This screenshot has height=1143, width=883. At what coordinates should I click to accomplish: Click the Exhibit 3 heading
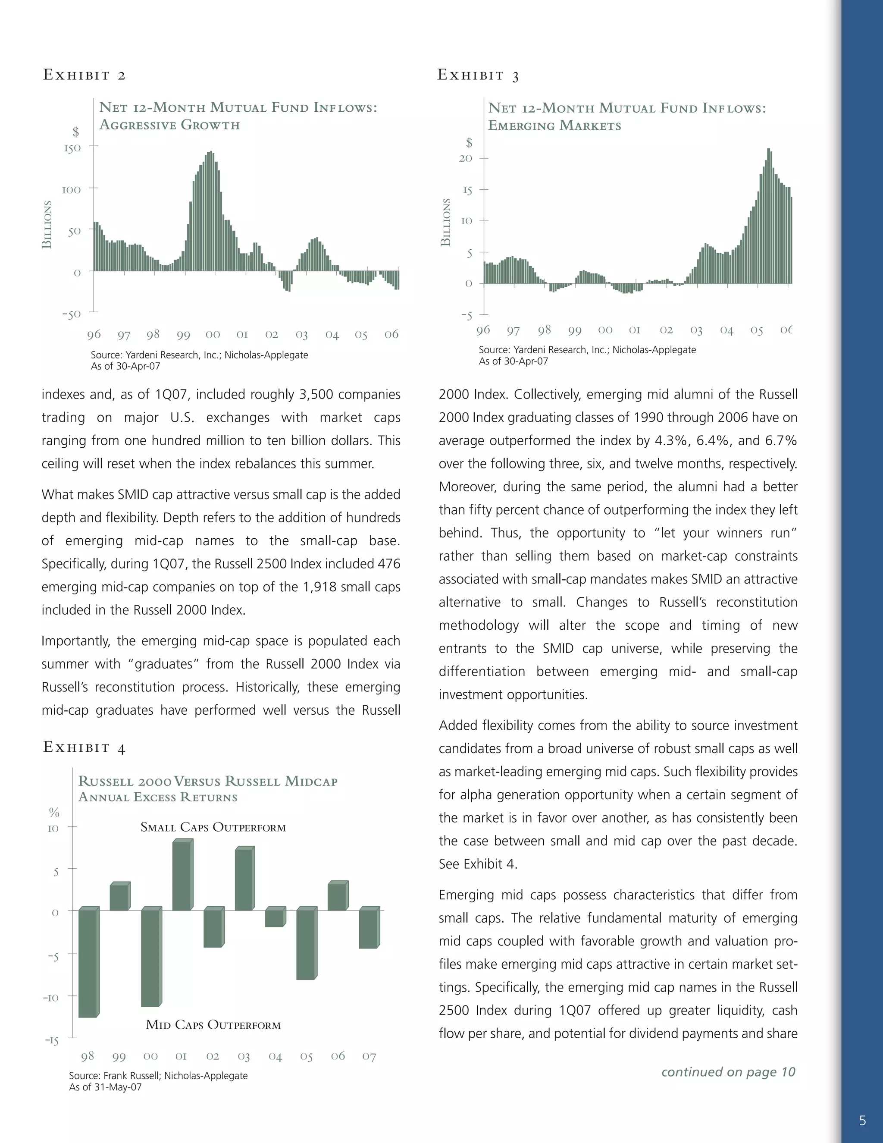tap(478, 75)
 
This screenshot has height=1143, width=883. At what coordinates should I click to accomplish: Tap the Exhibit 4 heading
tap(84, 747)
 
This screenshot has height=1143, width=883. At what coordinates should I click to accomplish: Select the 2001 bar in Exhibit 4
tap(182, 876)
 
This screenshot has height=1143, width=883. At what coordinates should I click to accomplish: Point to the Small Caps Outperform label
tap(213, 827)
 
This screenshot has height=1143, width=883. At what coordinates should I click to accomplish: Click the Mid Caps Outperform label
tap(213, 1025)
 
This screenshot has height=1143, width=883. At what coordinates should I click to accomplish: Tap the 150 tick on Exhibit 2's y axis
tap(72, 148)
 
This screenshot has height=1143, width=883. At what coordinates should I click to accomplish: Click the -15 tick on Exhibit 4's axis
tap(52, 1040)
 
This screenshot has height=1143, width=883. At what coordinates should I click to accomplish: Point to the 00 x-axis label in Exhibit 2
tap(213, 334)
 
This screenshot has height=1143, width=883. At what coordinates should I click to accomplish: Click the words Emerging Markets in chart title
tap(554, 126)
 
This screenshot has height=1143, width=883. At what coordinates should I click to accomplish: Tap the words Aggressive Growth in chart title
tap(169, 125)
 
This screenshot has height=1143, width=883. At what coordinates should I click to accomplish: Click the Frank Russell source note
tap(158, 1075)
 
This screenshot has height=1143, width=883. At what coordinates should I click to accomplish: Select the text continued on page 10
tap(728, 1072)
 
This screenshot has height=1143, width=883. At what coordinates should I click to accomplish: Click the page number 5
tap(862, 1121)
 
